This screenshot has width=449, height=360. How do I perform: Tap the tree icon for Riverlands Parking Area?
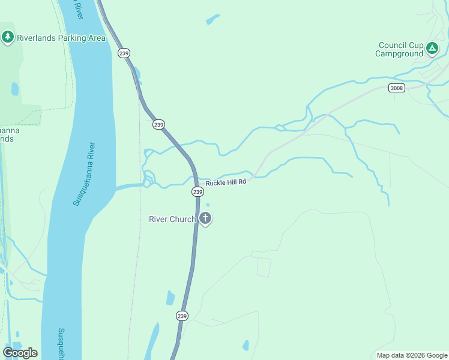point(8,37)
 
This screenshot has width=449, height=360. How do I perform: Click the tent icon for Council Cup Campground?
point(432,48)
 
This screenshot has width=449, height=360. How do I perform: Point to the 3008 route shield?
point(396,88)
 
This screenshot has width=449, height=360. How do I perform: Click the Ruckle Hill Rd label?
point(226,182)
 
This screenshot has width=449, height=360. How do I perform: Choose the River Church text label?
point(172,219)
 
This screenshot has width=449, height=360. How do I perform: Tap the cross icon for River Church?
point(205,218)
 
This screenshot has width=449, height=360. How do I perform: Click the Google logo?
point(20,353)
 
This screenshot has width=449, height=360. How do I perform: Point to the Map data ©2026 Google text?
point(412,355)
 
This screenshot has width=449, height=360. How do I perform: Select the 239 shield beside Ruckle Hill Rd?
point(198,191)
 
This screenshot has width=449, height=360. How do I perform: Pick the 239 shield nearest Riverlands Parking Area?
point(124,53)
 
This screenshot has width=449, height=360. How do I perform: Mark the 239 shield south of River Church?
point(182,316)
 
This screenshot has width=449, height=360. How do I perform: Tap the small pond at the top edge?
point(212,19)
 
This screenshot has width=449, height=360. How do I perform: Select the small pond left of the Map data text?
point(246,346)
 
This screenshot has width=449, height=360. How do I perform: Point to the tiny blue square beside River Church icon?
point(208,205)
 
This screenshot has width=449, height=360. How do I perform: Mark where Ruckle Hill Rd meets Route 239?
point(196,179)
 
